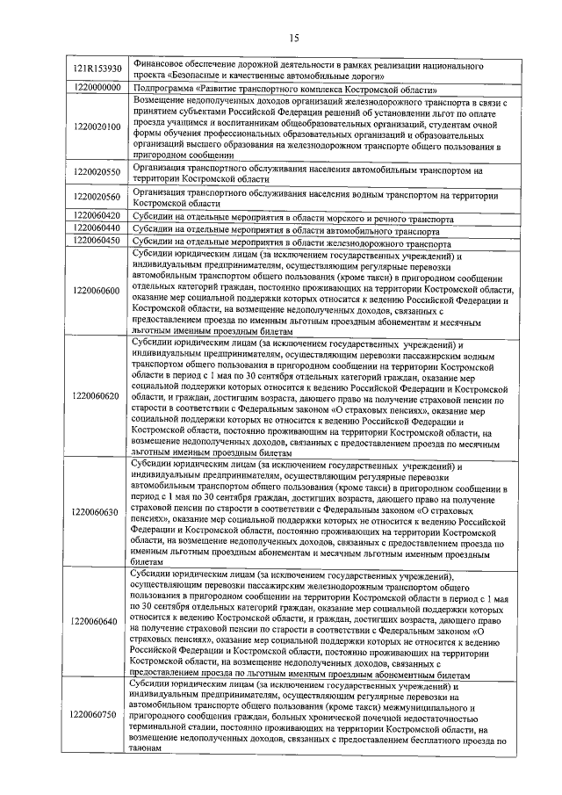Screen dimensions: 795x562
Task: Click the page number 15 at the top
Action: click(x=293, y=36)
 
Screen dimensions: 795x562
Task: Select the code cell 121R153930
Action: click(x=97, y=69)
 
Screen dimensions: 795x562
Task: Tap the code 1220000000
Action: click(x=97, y=88)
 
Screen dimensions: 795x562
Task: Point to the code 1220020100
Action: click(x=97, y=126)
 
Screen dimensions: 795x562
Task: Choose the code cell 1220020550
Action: click(x=97, y=172)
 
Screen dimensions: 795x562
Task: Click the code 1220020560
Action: click(x=97, y=197)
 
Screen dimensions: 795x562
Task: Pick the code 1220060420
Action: click(x=97, y=215)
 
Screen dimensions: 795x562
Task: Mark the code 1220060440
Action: click(x=97, y=228)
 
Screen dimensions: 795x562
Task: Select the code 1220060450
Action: click(x=97, y=240)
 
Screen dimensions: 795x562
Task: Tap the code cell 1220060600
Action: click(x=97, y=291)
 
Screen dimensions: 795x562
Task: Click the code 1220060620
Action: click(x=97, y=396)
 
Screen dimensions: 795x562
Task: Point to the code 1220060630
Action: click(x=97, y=511)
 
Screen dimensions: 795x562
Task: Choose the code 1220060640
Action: click(x=97, y=622)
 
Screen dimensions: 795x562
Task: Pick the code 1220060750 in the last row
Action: click(x=97, y=714)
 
